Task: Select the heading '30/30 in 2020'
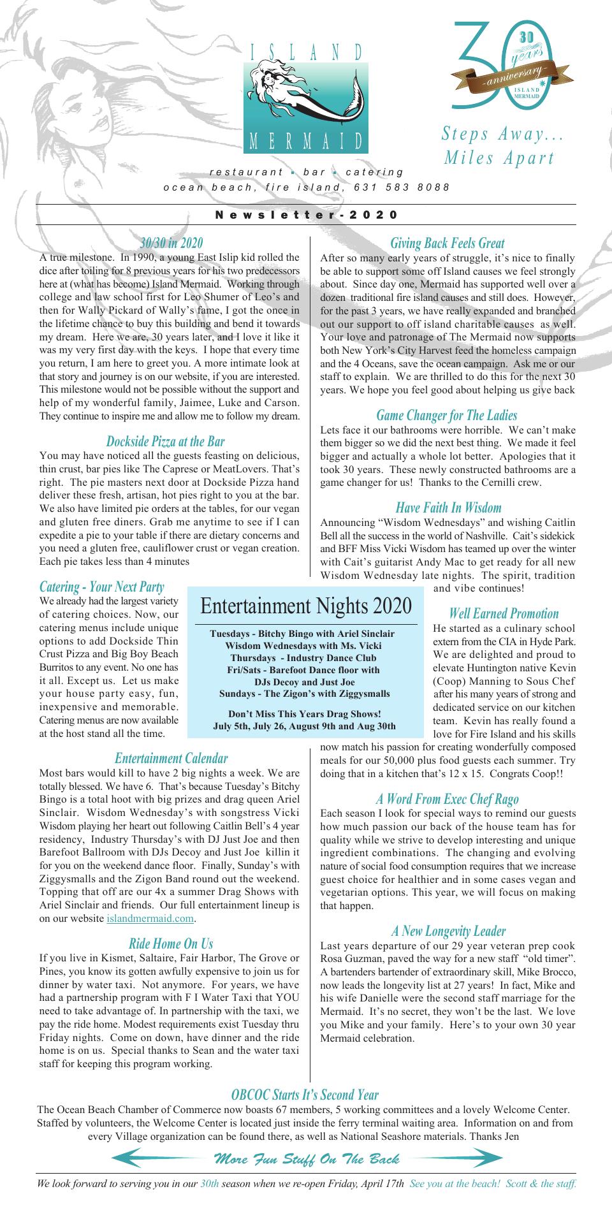point(171,243)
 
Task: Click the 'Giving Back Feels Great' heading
point(448,243)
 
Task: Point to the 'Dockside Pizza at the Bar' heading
point(165,441)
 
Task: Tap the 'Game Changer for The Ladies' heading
point(447,416)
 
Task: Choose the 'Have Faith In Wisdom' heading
point(448,508)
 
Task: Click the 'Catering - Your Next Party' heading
point(102,587)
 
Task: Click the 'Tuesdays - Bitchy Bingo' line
point(302,634)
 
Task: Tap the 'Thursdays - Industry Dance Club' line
point(303,658)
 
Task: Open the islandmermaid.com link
point(150,919)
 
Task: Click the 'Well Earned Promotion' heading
point(504,614)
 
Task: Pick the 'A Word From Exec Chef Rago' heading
point(447,799)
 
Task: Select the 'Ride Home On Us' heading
point(171,943)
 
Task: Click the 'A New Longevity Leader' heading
point(448,914)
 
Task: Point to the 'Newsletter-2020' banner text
point(307,215)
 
